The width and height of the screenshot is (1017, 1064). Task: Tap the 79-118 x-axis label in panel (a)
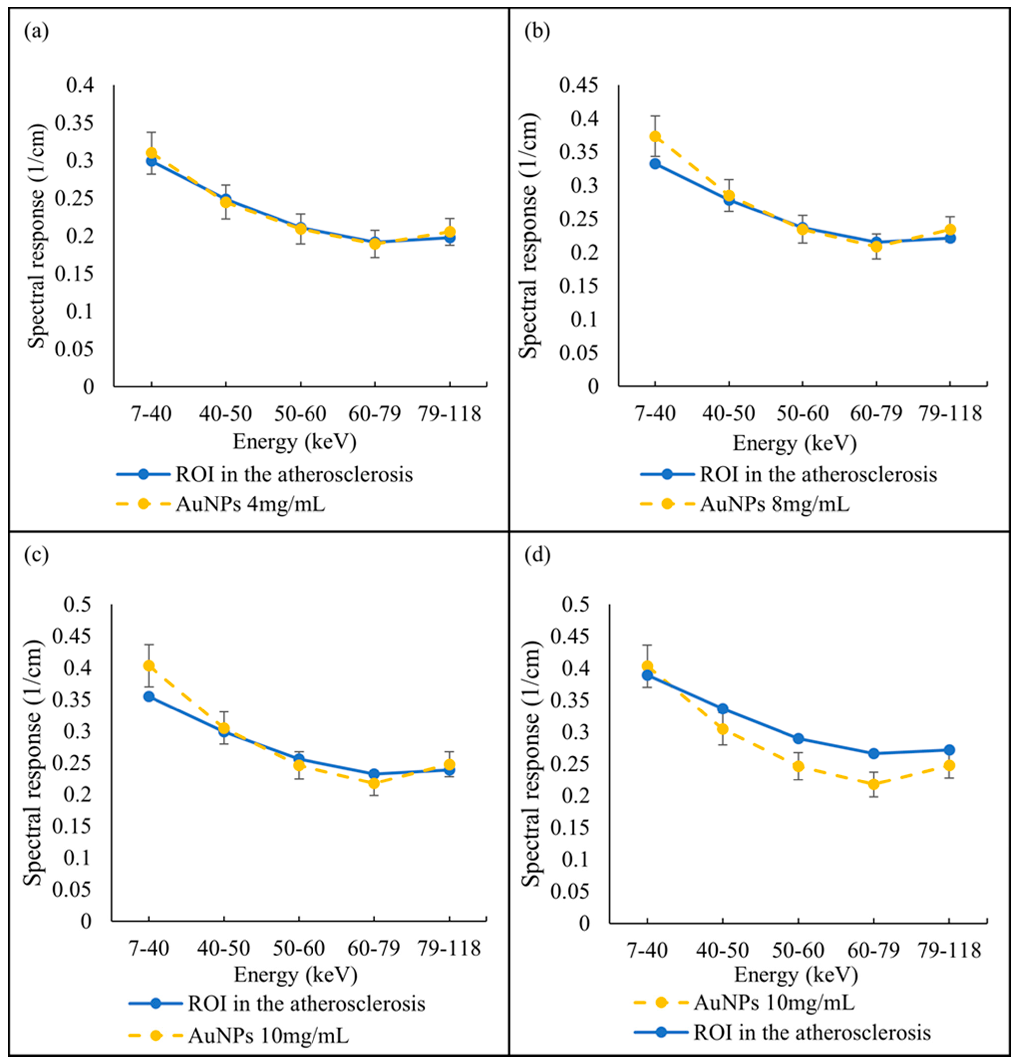coord(449,414)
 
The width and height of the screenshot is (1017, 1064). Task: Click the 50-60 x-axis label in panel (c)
coord(299,949)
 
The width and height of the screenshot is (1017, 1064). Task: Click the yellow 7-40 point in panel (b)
coord(655,136)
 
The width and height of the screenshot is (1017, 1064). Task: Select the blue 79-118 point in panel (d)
coord(949,750)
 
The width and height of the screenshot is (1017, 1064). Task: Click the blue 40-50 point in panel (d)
coord(723,709)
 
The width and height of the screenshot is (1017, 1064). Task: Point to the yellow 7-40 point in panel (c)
coord(149,666)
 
